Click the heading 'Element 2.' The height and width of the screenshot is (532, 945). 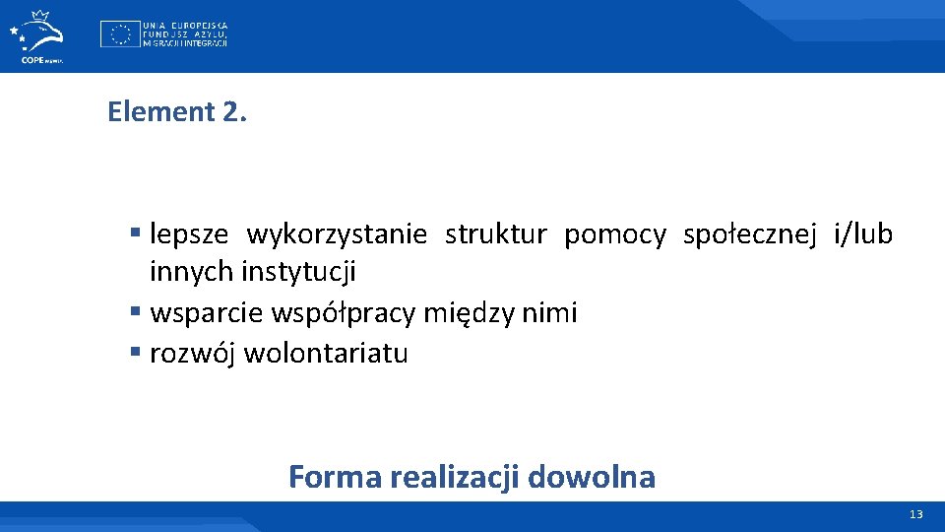tap(177, 112)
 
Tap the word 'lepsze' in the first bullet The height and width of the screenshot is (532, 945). tap(189, 234)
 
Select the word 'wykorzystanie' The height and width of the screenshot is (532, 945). tap(337, 234)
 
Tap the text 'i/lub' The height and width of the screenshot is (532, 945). tap(862, 234)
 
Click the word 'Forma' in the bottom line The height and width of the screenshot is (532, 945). tap(335, 477)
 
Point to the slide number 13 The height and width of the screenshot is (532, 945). tap(916, 515)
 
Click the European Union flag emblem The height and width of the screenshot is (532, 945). tap(119, 34)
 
